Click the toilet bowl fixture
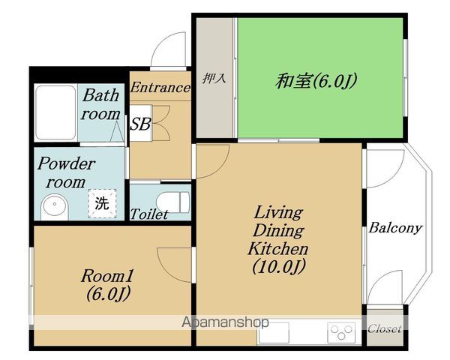tap(173, 202)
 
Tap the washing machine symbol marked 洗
tap(102, 203)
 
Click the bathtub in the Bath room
tap(55, 112)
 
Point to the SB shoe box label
tap(140, 124)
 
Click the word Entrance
tap(160, 87)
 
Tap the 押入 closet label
tap(214, 78)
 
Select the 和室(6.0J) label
tap(316, 81)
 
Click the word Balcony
tap(395, 228)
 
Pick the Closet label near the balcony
tap(385, 328)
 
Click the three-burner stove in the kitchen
tap(341, 331)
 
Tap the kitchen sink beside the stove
tap(274, 332)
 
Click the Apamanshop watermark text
tap(225, 322)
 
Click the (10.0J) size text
tap(278, 267)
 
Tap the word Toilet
tap(149, 214)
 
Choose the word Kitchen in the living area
tap(277, 248)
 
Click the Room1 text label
tap(107, 276)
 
